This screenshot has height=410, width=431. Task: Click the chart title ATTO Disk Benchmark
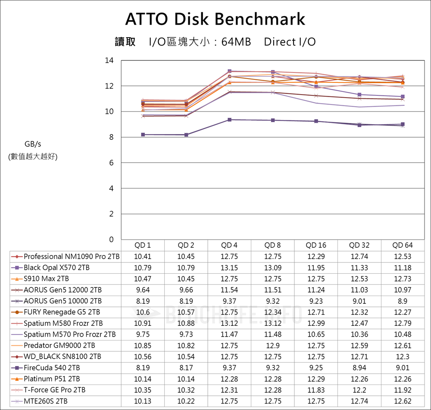pyautogui.click(x=215, y=19)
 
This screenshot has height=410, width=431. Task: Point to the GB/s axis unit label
pyautogui.click(x=33, y=144)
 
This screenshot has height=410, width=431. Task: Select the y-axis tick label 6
pyautogui.click(x=112, y=163)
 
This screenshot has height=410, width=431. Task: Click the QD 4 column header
pyautogui.click(x=229, y=245)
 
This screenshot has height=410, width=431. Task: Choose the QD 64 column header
pyautogui.click(x=402, y=245)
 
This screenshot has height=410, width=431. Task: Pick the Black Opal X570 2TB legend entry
pyautogui.click(x=56, y=268)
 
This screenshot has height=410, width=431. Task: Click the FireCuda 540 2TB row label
pyautogui.click(x=52, y=368)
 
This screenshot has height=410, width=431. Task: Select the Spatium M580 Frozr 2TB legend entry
pyautogui.click(x=63, y=323)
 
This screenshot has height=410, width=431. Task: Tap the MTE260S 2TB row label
pyautogui.click(x=46, y=401)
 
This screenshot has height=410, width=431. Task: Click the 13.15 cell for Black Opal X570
pyautogui.click(x=229, y=268)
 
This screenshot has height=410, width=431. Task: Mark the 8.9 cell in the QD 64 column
pyautogui.click(x=402, y=301)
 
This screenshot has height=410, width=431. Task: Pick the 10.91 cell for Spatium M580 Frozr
pyautogui.click(x=143, y=323)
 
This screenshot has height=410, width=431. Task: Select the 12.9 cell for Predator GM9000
pyautogui.click(x=272, y=345)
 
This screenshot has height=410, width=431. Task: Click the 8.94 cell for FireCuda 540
pyautogui.click(x=359, y=368)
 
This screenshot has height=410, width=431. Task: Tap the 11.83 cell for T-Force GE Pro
pyautogui.click(x=316, y=390)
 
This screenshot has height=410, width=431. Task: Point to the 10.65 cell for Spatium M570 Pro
pyautogui.click(x=316, y=334)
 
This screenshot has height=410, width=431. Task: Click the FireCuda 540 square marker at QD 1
pyautogui.click(x=143, y=135)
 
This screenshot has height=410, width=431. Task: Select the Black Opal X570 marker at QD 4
pyautogui.click(x=229, y=71)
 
